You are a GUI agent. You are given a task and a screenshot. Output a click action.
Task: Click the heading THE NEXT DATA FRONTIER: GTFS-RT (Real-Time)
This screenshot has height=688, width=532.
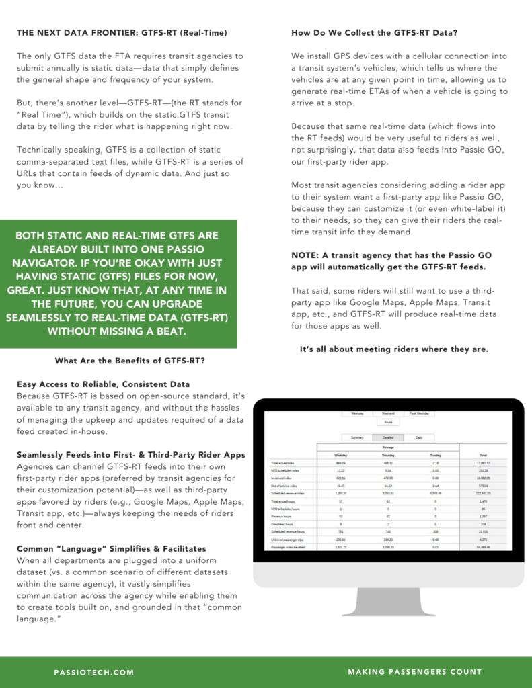(122, 32)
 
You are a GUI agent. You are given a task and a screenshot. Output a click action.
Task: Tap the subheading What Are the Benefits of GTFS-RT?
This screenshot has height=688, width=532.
(130, 361)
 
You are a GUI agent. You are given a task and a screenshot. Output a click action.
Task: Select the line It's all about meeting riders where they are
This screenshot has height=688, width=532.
(394, 349)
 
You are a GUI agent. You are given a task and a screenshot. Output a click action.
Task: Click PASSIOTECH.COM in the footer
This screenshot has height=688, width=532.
(94, 672)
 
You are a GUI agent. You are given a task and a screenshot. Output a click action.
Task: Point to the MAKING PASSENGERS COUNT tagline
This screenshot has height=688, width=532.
(414, 672)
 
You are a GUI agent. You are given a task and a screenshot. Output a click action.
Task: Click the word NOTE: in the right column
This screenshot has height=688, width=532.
(306, 255)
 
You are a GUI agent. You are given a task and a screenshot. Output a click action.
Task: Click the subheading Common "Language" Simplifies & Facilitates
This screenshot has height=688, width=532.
(112, 548)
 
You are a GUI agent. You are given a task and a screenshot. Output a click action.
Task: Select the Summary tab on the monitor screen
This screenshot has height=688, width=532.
(356, 437)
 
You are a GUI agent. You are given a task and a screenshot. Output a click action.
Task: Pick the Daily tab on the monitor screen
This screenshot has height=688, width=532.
(419, 437)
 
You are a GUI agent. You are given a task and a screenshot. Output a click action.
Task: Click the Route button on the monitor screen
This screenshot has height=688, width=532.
(388, 423)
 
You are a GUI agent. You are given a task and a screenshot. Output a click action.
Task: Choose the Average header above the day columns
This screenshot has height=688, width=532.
(388, 446)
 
